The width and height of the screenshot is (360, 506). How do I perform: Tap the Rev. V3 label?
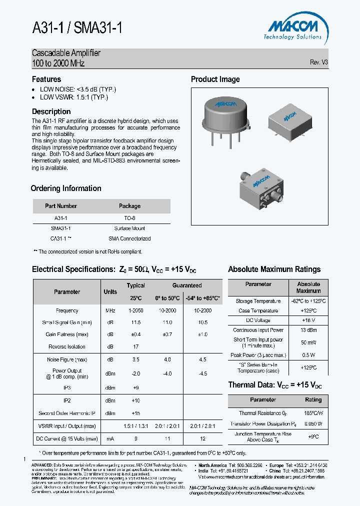(x=318, y=62)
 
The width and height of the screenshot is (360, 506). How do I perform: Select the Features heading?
(x=46, y=79)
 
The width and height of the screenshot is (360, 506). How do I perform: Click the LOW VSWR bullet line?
(x=74, y=97)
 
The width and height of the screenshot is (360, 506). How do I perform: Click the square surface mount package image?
(x=288, y=120)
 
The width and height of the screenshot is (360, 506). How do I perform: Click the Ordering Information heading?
(x=66, y=188)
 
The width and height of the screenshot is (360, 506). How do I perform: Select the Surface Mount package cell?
(x=129, y=227)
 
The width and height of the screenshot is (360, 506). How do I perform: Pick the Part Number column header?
(x=61, y=206)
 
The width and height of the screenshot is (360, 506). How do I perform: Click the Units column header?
(x=110, y=291)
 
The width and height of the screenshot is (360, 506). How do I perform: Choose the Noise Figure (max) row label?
(x=67, y=359)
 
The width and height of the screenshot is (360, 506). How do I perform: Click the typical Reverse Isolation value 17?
(x=135, y=346)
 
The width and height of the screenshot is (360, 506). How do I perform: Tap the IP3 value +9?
(x=135, y=387)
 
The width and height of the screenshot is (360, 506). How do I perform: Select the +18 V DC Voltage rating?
(x=308, y=320)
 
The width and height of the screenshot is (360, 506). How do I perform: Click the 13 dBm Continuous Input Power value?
(x=308, y=330)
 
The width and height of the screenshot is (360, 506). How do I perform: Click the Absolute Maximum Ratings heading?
(x=274, y=269)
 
